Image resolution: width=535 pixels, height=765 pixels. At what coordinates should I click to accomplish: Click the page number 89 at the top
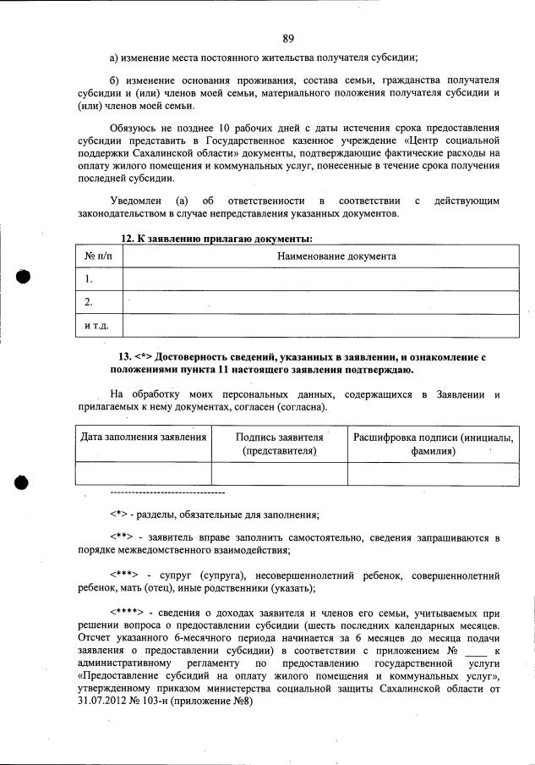(x=288, y=38)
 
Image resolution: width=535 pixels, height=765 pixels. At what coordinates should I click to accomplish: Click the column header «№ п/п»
(x=99, y=256)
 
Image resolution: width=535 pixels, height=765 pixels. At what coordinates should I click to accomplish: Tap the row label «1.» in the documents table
(x=90, y=278)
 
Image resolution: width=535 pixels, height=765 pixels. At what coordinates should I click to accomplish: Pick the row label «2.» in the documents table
(x=90, y=302)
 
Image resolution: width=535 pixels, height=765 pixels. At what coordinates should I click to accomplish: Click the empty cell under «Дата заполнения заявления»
(x=143, y=473)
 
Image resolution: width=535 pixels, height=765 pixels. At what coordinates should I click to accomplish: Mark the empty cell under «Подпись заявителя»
(x=279, y=473)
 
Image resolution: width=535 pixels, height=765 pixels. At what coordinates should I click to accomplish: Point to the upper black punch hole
(x=23, y=278)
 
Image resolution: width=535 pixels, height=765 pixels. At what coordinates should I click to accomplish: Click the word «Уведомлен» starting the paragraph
(x=135, y=201)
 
